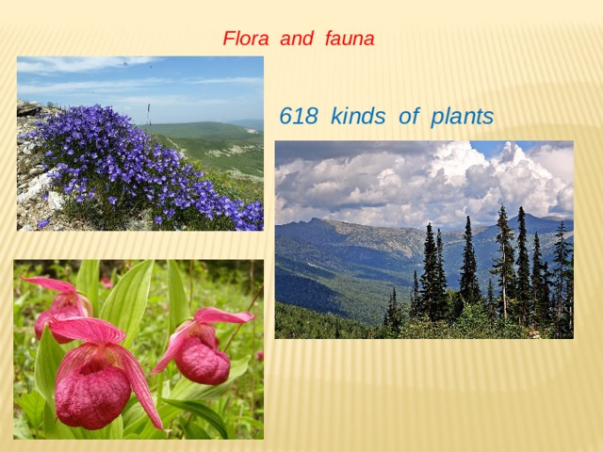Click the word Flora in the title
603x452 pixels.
tap(244, 40)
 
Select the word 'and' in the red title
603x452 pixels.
tap(297, 40)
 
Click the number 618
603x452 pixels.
tap(301, 117)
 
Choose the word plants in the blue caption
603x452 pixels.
tap(462, 117)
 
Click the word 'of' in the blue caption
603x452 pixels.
tap(408, 117)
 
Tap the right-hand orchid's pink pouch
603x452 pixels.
tap(202, 360)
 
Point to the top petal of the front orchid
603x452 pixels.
tap(87, 329)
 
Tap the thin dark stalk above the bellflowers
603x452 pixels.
tap(149, 113)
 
